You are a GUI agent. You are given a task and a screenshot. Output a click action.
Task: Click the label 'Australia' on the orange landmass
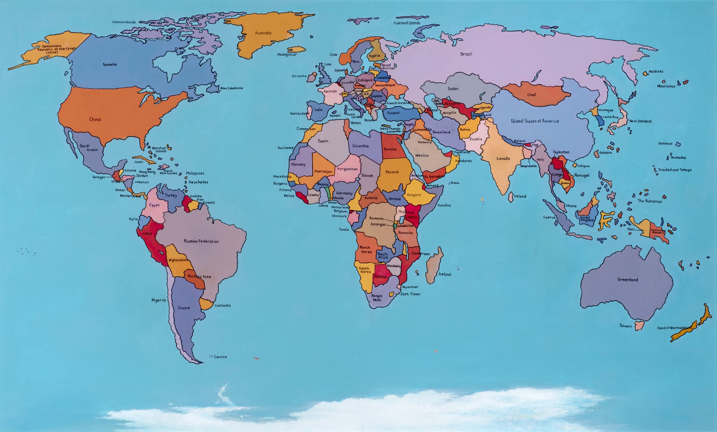coord(263,33)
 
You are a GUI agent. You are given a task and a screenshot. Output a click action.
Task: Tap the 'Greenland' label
coord(627,280)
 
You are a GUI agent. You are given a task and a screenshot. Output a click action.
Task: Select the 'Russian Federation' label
coord(201,241)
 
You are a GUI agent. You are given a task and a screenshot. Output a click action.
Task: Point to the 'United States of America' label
coord(535,121)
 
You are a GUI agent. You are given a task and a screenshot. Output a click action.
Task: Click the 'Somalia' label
coord(110,65)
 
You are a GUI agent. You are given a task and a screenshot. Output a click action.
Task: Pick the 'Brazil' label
coord(466,54)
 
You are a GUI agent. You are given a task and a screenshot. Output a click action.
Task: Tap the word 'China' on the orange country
coord(95,119)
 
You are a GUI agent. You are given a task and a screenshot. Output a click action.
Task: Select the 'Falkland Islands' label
coord(407,23)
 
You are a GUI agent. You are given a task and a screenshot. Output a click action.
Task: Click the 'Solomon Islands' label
coord(124,22)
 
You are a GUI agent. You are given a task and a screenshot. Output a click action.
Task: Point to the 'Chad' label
coord(531,95)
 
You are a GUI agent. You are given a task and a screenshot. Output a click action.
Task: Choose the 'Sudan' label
coord(453,89)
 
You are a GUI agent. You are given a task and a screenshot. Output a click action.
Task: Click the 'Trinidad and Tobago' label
coord(674,170)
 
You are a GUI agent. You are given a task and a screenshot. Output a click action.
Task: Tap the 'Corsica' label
coord(220,357)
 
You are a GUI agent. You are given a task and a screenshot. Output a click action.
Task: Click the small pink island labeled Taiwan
coord(639,326)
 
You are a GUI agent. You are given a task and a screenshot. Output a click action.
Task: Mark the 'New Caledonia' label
coord(231,88)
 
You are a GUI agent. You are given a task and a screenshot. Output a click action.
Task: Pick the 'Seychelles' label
coord(198,182)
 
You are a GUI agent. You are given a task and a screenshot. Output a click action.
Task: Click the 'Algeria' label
coord(158,300)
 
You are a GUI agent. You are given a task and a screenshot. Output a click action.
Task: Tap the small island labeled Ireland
coord(511,196)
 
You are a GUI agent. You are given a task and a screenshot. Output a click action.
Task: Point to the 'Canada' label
coord(503,158)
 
